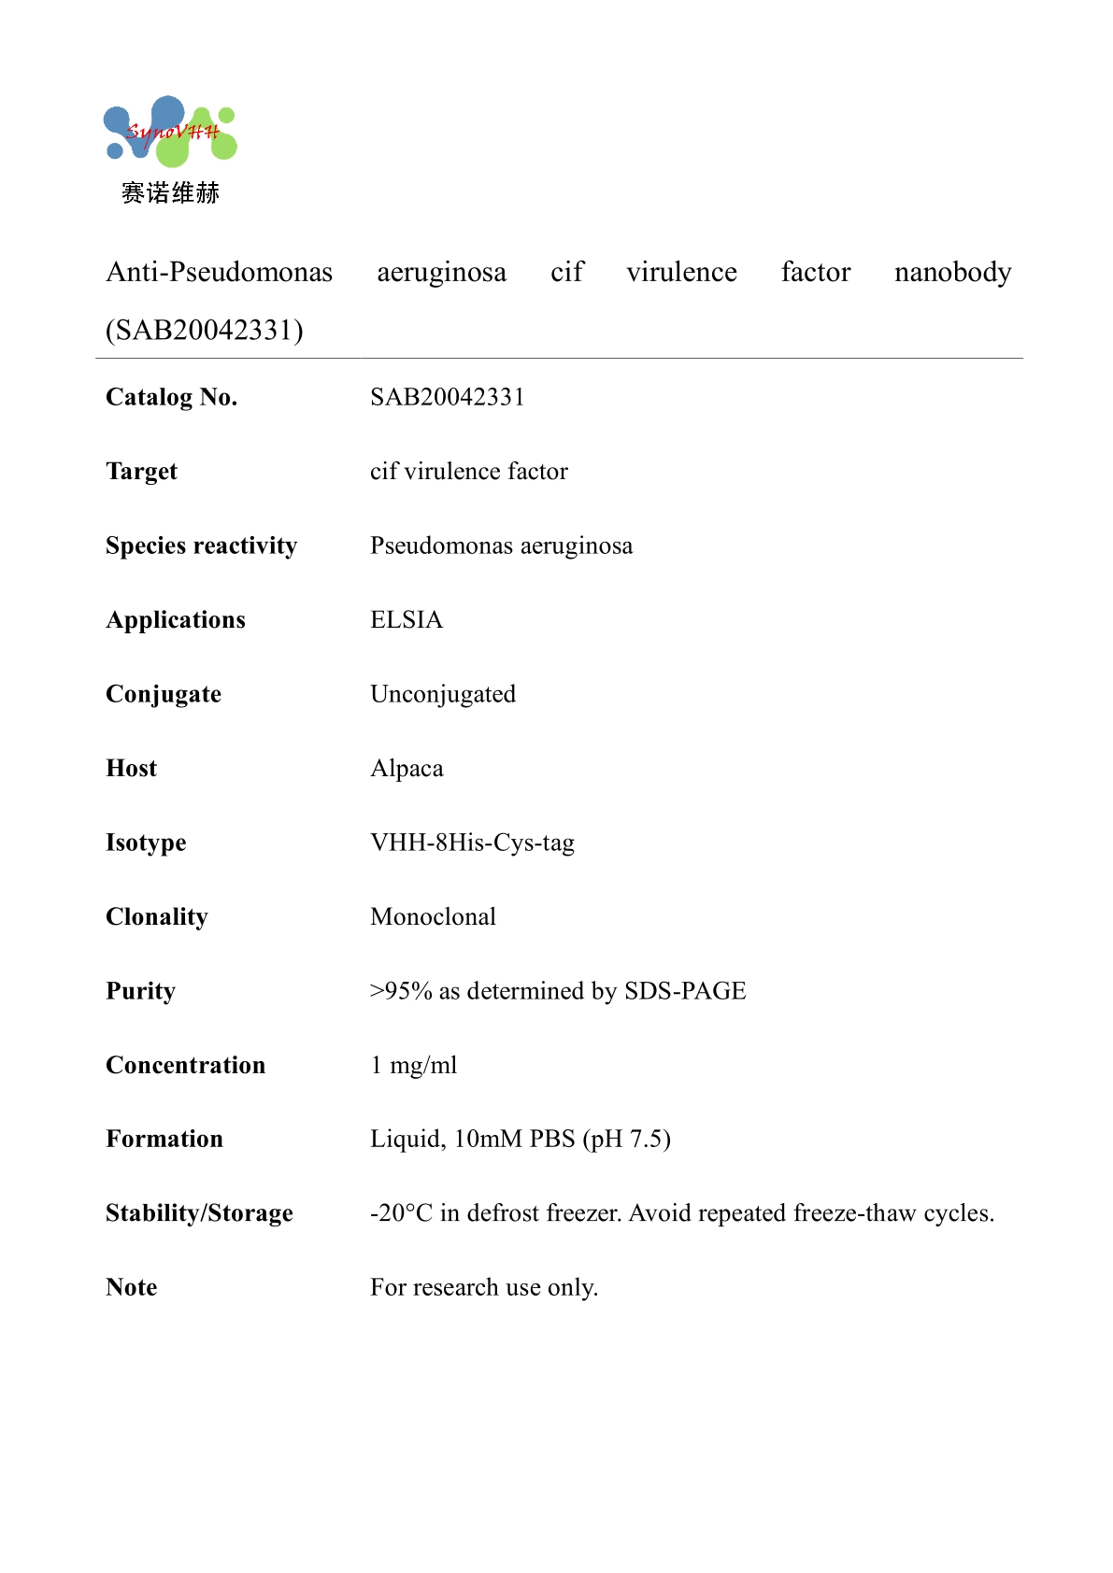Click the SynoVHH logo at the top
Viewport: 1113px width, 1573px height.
click(170, 132)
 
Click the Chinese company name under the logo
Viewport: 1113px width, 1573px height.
click(170, 193)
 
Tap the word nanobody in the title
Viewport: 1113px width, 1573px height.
click(952, 272)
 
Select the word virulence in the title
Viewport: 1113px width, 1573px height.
click(681, 272)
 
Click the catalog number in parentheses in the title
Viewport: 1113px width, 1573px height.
click(205, 330)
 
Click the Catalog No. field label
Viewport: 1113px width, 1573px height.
click(172, 397)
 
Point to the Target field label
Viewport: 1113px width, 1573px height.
click(142, 472)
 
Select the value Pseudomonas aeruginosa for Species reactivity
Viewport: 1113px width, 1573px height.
click(501, 546)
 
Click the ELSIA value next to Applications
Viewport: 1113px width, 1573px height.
click(407, 620)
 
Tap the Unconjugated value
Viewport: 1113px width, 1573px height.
click(443, 694)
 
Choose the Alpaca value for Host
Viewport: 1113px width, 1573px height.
click(407, 769)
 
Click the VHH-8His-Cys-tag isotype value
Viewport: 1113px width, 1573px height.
click(472, 843)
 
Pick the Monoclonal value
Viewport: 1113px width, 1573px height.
click(433, 916)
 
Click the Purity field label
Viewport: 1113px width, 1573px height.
click(141, 991)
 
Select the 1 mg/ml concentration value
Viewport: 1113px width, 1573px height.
click(414, 1065)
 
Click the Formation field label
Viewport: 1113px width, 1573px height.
click(164, 1139)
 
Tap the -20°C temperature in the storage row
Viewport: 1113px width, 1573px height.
click(401, 1213)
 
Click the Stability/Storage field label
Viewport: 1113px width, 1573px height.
click(199, 1213)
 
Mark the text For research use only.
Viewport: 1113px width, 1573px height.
click(484, 1287)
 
